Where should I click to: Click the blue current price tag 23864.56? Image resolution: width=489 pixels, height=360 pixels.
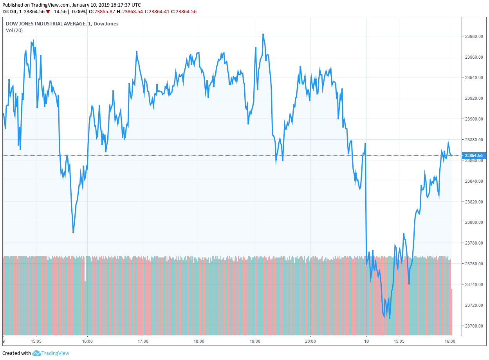pyautogui.click(x=474, y=155)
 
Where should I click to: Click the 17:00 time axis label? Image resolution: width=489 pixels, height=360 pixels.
pyautogui.click(x=143, y=341)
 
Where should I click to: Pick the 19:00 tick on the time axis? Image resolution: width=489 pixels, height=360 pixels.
pyautogui.click(x=255, y=341)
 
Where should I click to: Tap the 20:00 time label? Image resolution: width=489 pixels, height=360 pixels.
pyautogui.click(x=310, y=341)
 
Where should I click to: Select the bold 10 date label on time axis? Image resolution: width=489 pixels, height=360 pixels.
pyautogui.click(x=366, y=341)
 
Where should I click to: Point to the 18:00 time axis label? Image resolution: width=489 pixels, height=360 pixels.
pyautogui.click(x=199, y=341)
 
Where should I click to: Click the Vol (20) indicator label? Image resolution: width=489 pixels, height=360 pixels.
pyautogui.click(x=14, y=31)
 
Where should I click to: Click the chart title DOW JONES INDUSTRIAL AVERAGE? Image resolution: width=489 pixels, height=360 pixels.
pyautogui.click(x=46, y=24)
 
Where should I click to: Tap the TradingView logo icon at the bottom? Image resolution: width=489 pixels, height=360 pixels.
pyautogui.click(x=37, y=353)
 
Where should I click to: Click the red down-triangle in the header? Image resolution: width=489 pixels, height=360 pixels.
pyautogui.click(x=48, y=12)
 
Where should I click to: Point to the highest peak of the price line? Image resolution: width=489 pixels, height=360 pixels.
pyautogui.click(x=263, y=34)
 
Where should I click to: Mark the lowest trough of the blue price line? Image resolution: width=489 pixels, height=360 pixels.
pyautogui.click(x=389, y=319)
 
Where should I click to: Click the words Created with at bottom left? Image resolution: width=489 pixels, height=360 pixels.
pyautogui.click(x=16, y=353)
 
